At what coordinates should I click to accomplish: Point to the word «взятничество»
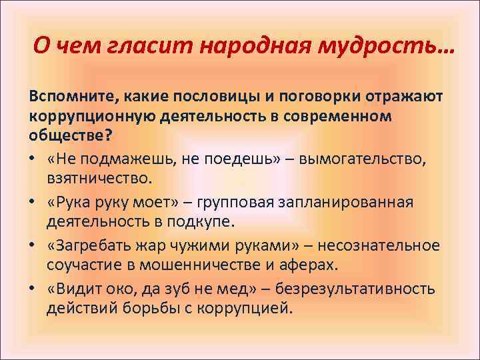[x=99, y=178]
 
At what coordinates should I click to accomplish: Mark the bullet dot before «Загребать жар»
[x=33, y=246]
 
